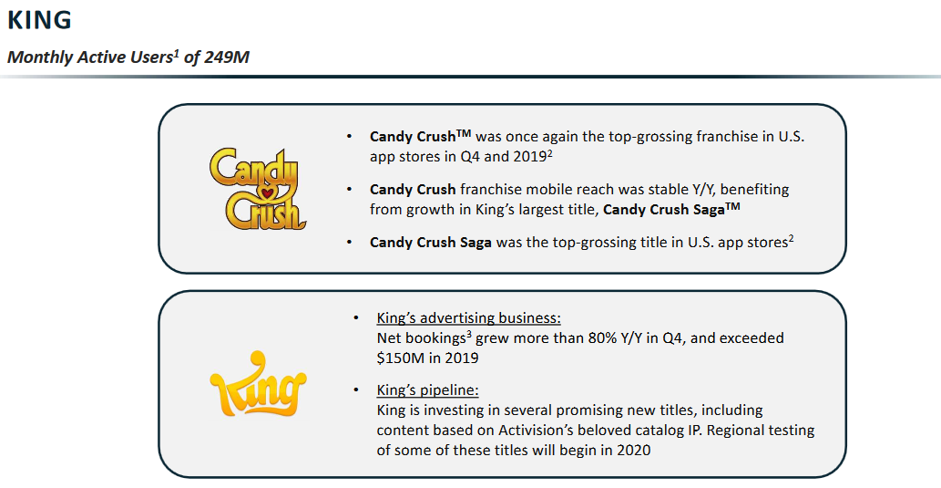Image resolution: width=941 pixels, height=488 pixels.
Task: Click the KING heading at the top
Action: point(39,20)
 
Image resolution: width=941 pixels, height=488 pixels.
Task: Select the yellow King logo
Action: point(258,384)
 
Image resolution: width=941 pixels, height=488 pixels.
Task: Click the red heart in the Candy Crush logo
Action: point(267,192)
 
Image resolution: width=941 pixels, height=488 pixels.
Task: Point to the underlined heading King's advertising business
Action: point(469,318)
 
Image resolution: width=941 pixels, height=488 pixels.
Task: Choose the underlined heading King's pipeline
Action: point(427,390)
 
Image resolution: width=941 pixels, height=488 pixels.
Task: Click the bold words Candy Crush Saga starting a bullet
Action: point(430,243)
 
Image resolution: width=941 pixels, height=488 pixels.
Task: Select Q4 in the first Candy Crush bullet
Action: point(470,157)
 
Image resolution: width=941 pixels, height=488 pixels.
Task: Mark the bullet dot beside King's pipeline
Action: point(356,390)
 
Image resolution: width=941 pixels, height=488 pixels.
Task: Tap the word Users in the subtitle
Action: point(156,57)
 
